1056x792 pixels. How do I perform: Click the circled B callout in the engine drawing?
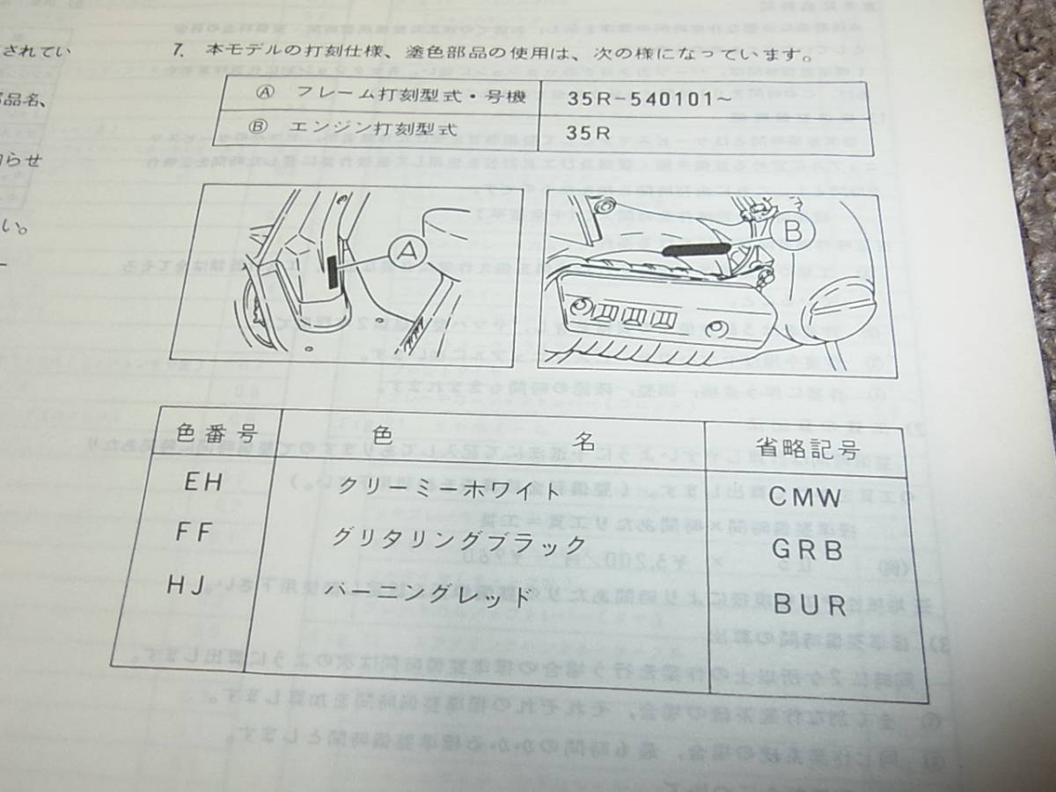point(792,233)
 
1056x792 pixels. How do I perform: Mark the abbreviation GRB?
point(807,551)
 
